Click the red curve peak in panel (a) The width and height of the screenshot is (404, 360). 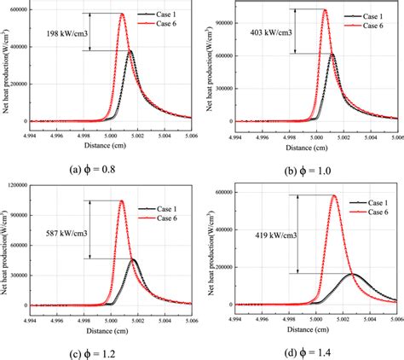pyautogui.click(x=122, y=14)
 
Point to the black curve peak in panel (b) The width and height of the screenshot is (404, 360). pyautogui.click(x=332, y=55)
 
